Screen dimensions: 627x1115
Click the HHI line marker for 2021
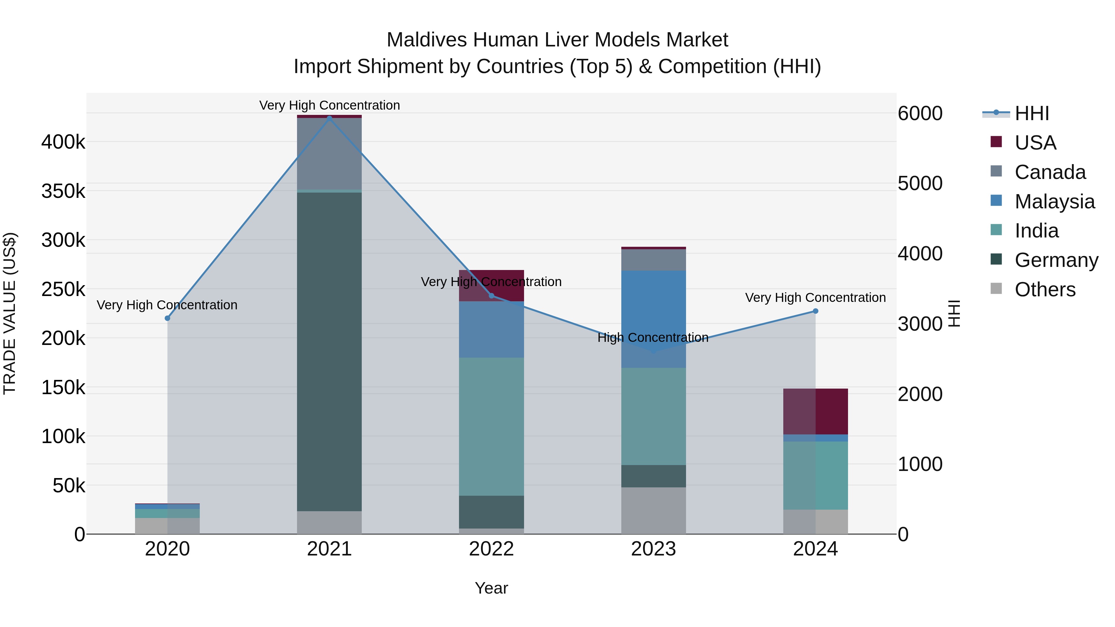pyautogui.click(x=330, y=118)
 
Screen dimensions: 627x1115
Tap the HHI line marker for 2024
pyautogui.click(x=815, y=311)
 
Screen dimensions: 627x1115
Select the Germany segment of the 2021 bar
pyautogui.click(x=330, y=351)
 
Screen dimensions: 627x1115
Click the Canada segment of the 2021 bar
pyautogui.click(x=330, y=154)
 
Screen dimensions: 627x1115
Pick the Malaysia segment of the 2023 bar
pyautogui.click(x=654, y=319)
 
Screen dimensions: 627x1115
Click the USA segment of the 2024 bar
pyautogui.click(x=815, y=411)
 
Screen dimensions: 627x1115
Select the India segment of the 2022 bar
pyautogui.click(x=491, y=426)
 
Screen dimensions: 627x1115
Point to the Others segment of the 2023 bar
pyautogui.click(x=654, y=510)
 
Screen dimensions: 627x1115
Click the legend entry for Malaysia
pyautogui.click(x=1054, y=202)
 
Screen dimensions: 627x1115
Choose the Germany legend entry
pyautogui.click(x=1056, y=260)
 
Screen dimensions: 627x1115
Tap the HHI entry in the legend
pyautogui.click(x=1031, y=113)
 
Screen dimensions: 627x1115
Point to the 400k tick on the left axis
pyautogui.click(x=63, y=142)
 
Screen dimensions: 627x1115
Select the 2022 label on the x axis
pyautogui.click(x=491, y=549)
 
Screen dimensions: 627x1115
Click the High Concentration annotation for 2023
pyautogui.click(x=653, y=337)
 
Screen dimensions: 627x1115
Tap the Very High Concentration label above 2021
pyautogui.click(x=330, y=105)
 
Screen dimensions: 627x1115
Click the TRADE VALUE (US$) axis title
pyautogui.click(x=10, y=313)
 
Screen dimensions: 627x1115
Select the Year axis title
pyautogui.click(x=491, y=588)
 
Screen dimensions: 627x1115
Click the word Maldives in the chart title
pyautogui.click(x=426, y=40)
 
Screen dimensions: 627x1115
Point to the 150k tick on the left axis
pyautogui.click(x=63, y=387)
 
